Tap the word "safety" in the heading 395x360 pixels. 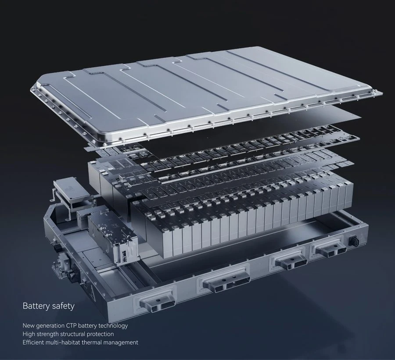(x=63, y=306)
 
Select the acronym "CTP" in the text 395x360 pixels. (x=71, y=325)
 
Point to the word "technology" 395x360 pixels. (x=113, y=325)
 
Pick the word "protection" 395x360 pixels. (x=100, y=334)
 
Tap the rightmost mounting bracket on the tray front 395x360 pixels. (x=329, y=248)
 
